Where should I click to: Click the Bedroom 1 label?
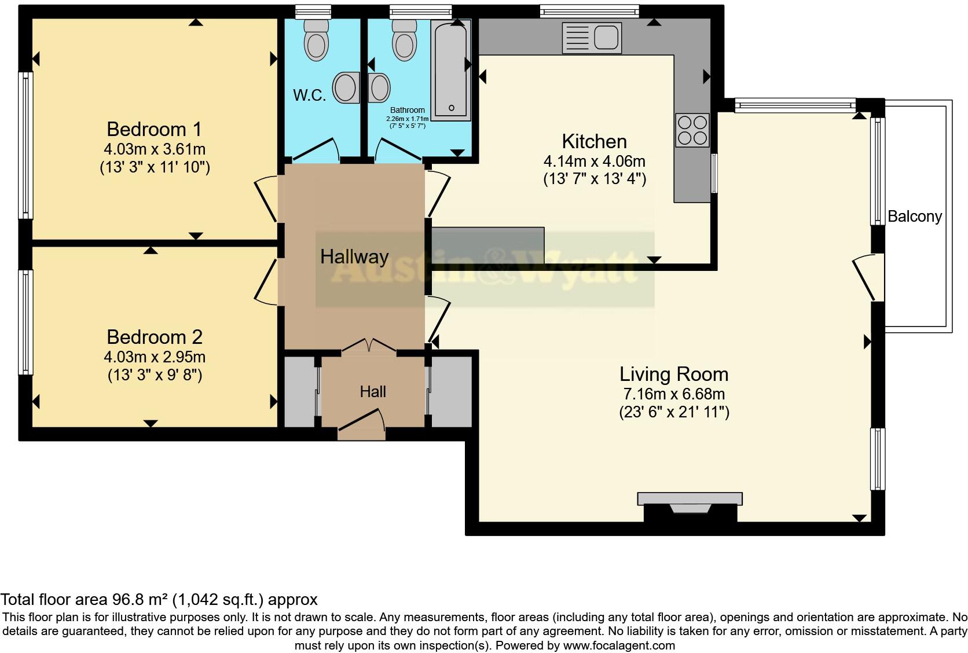point(154,129)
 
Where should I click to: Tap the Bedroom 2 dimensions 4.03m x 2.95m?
point(154,357)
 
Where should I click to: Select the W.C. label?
point(309,96)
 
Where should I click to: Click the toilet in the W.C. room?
point(317,40)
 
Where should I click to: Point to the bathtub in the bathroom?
point(452,69)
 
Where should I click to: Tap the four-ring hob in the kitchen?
point(692,130)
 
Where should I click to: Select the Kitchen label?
point(594,141)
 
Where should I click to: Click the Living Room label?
point(673,374)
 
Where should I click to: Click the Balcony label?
point(914,217)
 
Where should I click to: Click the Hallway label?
point(354,256)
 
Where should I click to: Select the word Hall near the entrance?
point(372,392)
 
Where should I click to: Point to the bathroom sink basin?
point(380,88)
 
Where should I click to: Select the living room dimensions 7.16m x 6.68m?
point(673,394)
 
